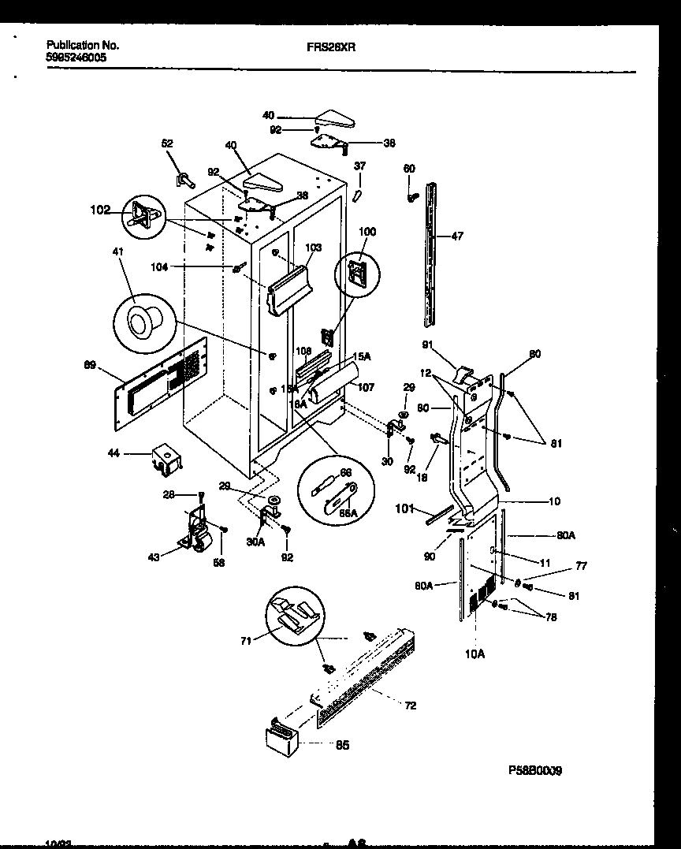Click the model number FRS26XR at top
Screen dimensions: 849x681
click(330, 47)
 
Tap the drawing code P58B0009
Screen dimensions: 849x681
click(537, 770)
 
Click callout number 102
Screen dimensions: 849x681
click(100, 210)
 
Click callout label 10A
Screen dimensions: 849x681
click(475, 654)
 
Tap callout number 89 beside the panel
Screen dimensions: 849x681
click(91, 365)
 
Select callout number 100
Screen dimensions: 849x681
click(367, 233)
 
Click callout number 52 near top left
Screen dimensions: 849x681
click(167, 143)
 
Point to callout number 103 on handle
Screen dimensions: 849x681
click(313, 248)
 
